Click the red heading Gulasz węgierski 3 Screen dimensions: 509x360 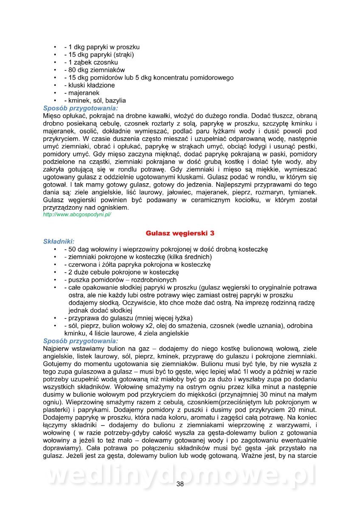180,233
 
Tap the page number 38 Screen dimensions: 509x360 180,485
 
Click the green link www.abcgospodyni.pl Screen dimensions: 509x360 77,215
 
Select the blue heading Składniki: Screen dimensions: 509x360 59,241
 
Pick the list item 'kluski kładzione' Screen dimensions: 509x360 89,85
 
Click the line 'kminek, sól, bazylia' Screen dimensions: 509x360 95,101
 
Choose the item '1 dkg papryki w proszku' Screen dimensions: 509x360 101,47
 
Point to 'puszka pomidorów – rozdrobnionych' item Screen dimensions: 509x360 120,280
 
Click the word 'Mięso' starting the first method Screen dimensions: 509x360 52,115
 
